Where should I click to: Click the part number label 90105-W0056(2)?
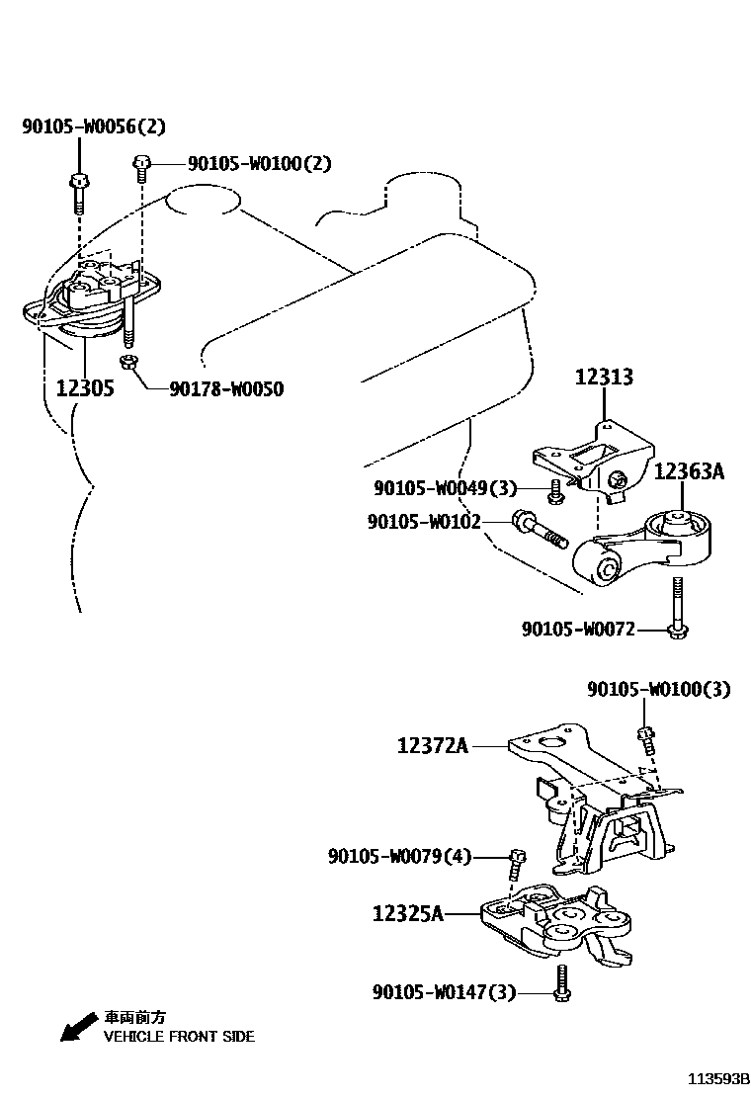point(94,127)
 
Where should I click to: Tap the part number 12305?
point(85,388)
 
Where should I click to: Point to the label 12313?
point(604,377)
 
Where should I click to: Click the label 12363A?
point(689,471)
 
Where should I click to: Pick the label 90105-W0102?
point(424,521)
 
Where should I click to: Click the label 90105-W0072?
point(578,629)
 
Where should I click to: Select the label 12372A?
point(433,746)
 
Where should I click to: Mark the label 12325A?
point(407,914)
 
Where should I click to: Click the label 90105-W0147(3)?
point(444,991)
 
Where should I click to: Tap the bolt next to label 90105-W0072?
point(677,608)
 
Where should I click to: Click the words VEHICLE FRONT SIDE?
point(179,1037)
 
